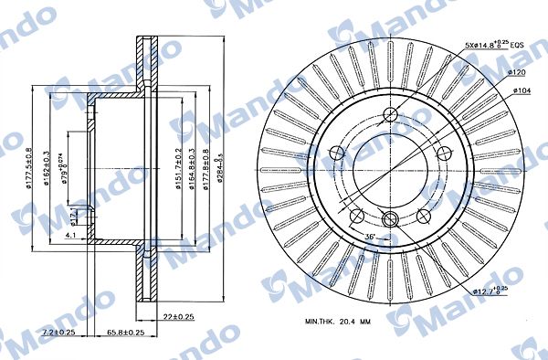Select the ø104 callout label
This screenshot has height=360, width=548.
coord(522,90)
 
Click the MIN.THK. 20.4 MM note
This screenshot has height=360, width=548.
coord(341,322)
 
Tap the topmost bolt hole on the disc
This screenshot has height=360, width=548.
coord(391,115)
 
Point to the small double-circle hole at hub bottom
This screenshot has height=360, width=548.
coord(391,217)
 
